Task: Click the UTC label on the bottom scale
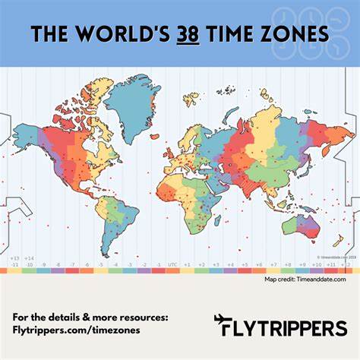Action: [172, 265]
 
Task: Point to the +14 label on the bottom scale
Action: [30, 259]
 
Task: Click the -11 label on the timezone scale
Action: [14, 265]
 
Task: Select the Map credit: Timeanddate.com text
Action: [305, 279]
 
